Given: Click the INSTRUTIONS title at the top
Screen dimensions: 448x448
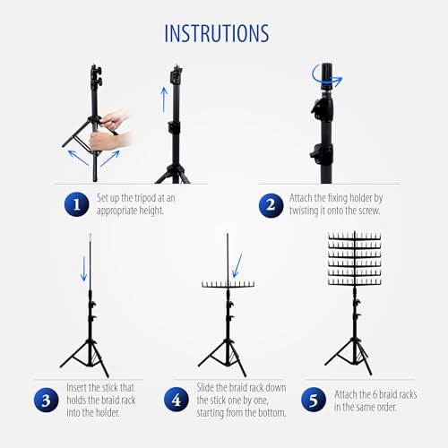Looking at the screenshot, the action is (x=217, y=33).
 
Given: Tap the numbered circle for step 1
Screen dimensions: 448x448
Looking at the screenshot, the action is (x=77, y=204).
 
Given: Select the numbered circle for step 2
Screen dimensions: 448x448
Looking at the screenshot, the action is (x=271, y=205).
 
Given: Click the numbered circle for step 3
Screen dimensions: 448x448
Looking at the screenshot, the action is (x=46, y=400).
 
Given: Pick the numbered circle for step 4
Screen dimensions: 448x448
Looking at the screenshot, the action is (x=177, y=400).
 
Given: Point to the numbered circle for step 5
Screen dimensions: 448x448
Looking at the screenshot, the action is (x=314, y=400).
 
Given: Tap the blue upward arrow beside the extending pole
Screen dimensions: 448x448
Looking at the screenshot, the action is (x=164, y=99).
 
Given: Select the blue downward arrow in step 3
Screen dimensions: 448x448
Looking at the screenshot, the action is (x=84, y=268).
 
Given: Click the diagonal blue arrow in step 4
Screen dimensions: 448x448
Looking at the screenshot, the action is (x=237, y=265).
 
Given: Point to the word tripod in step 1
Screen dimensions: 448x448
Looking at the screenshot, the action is (x=145, y=198).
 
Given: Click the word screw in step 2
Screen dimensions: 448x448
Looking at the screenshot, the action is (x=369, y=211).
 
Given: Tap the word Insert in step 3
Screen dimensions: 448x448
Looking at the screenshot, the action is (x=76, y=388).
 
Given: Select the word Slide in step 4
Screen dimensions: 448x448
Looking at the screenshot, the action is (x=205, y=388).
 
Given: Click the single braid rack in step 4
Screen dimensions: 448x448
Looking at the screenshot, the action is (x=228, y=284).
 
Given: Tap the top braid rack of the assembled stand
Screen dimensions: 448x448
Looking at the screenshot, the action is (x=355, y=237).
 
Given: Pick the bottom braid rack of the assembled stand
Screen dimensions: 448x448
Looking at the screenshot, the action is (x=355, y=281).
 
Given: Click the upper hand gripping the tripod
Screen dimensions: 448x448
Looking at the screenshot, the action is (x=115, y=119).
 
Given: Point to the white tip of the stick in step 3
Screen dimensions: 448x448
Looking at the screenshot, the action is (x=90, y=238).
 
